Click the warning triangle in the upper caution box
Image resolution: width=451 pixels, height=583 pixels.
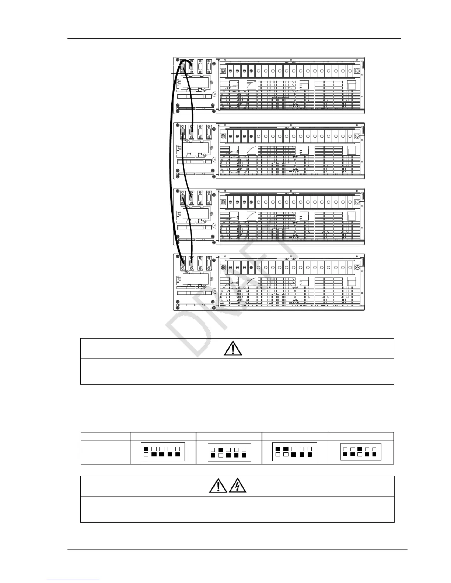233,348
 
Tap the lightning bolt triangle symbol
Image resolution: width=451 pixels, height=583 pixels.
238,487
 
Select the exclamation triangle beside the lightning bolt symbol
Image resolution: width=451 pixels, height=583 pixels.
218,487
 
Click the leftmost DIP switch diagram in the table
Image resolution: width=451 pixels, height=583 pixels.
162,452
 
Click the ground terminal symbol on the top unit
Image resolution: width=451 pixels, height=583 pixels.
357,71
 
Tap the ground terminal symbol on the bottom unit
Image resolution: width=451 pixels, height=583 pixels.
357,268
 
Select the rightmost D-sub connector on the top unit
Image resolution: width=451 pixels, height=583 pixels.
209,68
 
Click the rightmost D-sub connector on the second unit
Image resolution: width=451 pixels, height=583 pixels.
209,132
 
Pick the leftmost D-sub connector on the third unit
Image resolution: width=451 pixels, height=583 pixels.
182,199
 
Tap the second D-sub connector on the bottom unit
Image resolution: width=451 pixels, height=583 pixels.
191,264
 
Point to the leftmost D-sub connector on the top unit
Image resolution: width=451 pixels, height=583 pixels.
182,68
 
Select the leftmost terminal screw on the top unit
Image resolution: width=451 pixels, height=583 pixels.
223,71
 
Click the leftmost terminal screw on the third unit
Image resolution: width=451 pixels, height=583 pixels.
223,202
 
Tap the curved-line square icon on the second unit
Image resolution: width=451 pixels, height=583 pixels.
251,150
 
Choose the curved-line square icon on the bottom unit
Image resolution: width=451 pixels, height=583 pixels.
251,281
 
